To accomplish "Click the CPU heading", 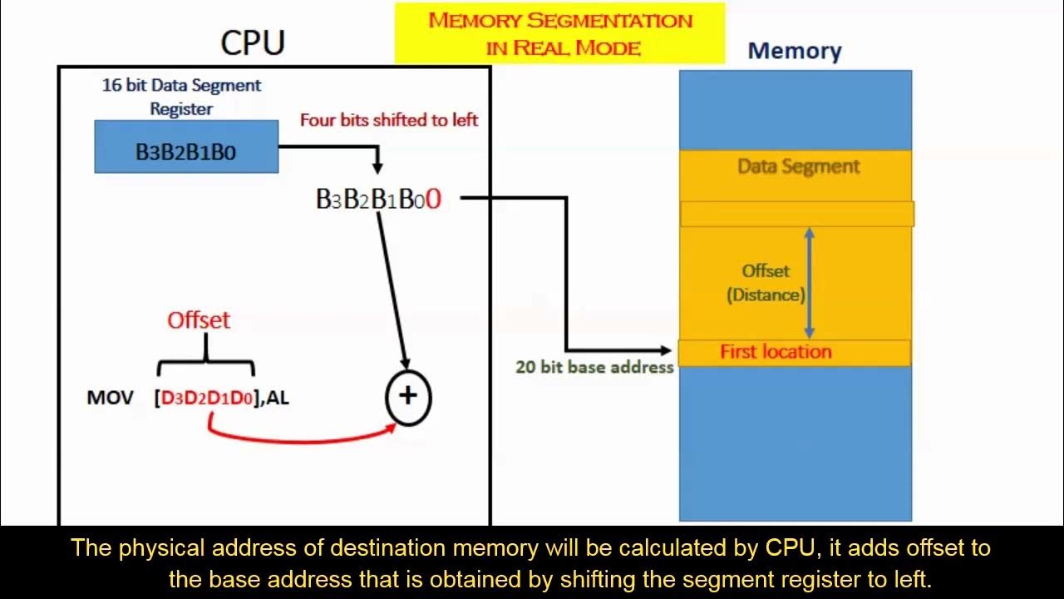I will pyautogui.click(x=253, y=42).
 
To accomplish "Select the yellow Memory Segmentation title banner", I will pyautogui.click(x=559, y=33).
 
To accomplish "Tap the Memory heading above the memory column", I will pyautogui.click(x=795, y=51).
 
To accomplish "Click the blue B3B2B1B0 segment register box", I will pyautogui.click(x=186, y=147).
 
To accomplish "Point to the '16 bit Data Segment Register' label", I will pyautogui.click(x=181, y=96).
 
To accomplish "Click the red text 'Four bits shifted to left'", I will pyautogui.click(x=389, y=120).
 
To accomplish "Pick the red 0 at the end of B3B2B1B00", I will pyautogui.click(x=433, y=200).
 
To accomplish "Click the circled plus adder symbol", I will pyautogui.click(x=407, y=396).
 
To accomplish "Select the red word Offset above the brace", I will pyautogui.click(x=199, y=320).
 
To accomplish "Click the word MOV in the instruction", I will pyautogui.click(x=110, y=398).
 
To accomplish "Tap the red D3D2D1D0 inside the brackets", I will pyautogui.click(x=206, y=398).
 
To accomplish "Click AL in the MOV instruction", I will pyautogui.click(x=278, y=398).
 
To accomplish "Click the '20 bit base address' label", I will pyautogui.click(x=594, y=367).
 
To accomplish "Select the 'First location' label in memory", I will pyautogui.click(x=776, y=352).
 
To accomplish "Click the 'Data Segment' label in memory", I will pyautogui.click(x=799, y=166).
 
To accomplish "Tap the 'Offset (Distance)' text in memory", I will pyautogui.click(x=766, y=283).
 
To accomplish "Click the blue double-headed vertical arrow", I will pyautogui.click(x=810, y=283).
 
